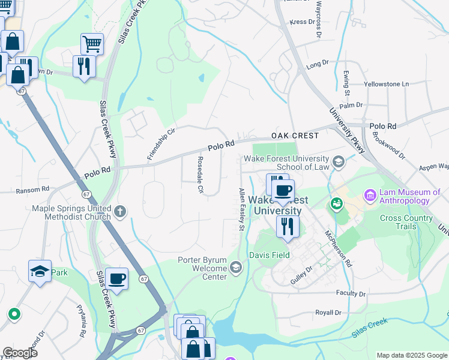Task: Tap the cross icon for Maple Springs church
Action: click(120, 211)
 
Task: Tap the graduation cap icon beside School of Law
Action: click(339, 161)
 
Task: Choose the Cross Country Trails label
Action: click(406, 222)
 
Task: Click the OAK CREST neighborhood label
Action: click(294, 136)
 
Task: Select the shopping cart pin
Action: click(92, 43)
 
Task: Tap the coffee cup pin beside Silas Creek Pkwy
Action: click(117, 279)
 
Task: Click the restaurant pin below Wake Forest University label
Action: click(288, 227)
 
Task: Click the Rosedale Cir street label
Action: click(200, 175)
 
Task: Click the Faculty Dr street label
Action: click(351, 294)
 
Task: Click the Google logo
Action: click(20, 352)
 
